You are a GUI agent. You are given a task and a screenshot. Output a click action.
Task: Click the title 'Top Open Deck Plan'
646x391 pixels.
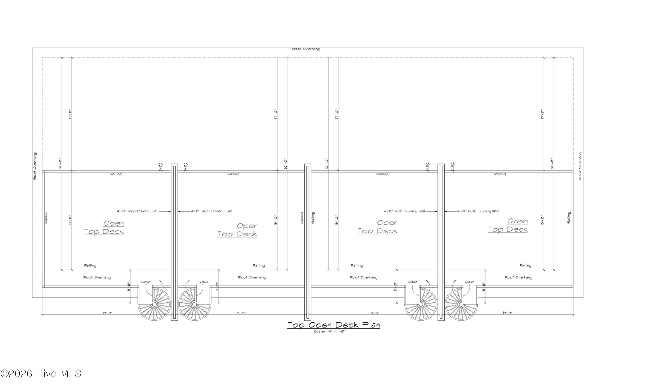point(334,325)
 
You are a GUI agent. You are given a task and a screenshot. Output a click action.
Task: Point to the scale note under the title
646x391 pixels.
point(330,332)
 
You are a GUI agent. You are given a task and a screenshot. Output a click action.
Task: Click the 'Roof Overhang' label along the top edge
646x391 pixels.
point(306,49)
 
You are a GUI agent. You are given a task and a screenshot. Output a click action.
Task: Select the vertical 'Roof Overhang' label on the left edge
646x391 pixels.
point(35,166)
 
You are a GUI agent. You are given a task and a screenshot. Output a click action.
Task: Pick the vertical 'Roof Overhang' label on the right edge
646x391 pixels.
point(580,166)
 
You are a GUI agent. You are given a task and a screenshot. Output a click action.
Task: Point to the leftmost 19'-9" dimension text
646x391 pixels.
point(108,313)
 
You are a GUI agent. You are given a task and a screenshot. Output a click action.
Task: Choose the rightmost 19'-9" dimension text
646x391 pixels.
point(508,313)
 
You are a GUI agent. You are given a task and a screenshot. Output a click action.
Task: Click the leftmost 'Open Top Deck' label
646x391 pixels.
point(104,228)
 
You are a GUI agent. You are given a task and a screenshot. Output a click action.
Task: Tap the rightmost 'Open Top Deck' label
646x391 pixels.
point(508,225)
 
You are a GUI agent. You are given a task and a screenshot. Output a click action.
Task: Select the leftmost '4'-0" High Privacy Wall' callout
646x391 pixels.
point(138,211)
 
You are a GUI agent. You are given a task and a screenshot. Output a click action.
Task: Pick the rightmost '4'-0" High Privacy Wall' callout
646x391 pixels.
point(478,211)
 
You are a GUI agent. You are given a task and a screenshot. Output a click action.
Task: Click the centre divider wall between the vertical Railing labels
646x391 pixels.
point(308,242)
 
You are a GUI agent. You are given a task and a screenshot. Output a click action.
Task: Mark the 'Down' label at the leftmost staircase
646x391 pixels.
point(146,282)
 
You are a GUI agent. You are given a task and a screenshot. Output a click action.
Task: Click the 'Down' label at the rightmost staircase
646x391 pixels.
point(470,282)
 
